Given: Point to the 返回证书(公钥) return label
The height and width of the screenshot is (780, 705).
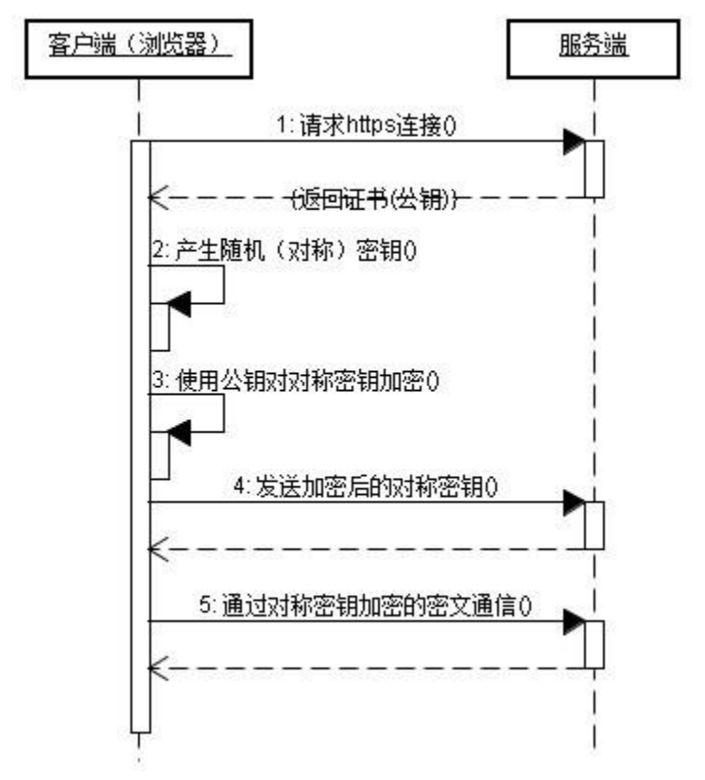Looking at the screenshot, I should point(376,200).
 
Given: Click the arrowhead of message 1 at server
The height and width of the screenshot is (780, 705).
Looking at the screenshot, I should point(574,142).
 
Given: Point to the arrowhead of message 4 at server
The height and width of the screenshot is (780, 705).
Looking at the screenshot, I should point(574,502).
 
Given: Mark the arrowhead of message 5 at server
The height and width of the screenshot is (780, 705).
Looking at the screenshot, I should point(574,621).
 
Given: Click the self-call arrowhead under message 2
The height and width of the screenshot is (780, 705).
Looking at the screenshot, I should point(180,303).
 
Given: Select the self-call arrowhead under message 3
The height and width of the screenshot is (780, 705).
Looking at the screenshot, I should point(180,433).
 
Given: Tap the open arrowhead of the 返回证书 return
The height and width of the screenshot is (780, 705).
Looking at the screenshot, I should point(158,197).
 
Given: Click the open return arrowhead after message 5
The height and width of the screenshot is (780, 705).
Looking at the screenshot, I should point(158,667).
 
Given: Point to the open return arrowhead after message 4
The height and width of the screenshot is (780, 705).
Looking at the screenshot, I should point(158,548).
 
